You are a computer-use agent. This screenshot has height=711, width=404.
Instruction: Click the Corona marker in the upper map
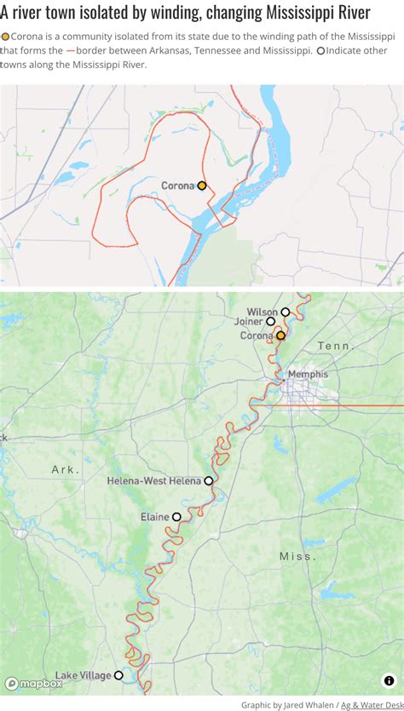tap(202, 186)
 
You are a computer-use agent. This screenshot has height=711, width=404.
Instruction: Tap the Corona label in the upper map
tap(178, 186)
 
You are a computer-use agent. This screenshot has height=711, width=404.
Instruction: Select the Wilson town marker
tap(286, 312)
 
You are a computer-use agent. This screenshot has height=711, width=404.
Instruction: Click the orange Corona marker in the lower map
tap(280, 335)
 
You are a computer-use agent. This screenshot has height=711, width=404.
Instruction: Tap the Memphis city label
tap(308, 374)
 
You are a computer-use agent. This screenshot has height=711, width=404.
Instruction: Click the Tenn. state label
tap(334, 346)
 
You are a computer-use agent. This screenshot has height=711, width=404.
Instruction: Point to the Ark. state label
tap(65, 469)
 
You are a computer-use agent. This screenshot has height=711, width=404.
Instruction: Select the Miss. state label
tap(297, 556)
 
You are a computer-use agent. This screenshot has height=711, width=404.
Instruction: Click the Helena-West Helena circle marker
tap(209, 481)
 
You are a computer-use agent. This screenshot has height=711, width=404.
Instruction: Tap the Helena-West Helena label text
tap(153, 481)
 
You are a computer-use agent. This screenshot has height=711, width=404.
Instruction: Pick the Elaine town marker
tap(176, 517)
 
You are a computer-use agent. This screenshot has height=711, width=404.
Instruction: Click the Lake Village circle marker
tap(118, 675)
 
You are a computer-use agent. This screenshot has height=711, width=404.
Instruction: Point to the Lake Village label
tap(84, 675)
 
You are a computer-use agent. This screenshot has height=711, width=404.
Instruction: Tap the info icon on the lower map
tap(389, 680)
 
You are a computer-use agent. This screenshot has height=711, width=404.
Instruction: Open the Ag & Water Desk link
tap(372, 704)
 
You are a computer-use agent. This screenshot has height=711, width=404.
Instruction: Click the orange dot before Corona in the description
tap(5, 37)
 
